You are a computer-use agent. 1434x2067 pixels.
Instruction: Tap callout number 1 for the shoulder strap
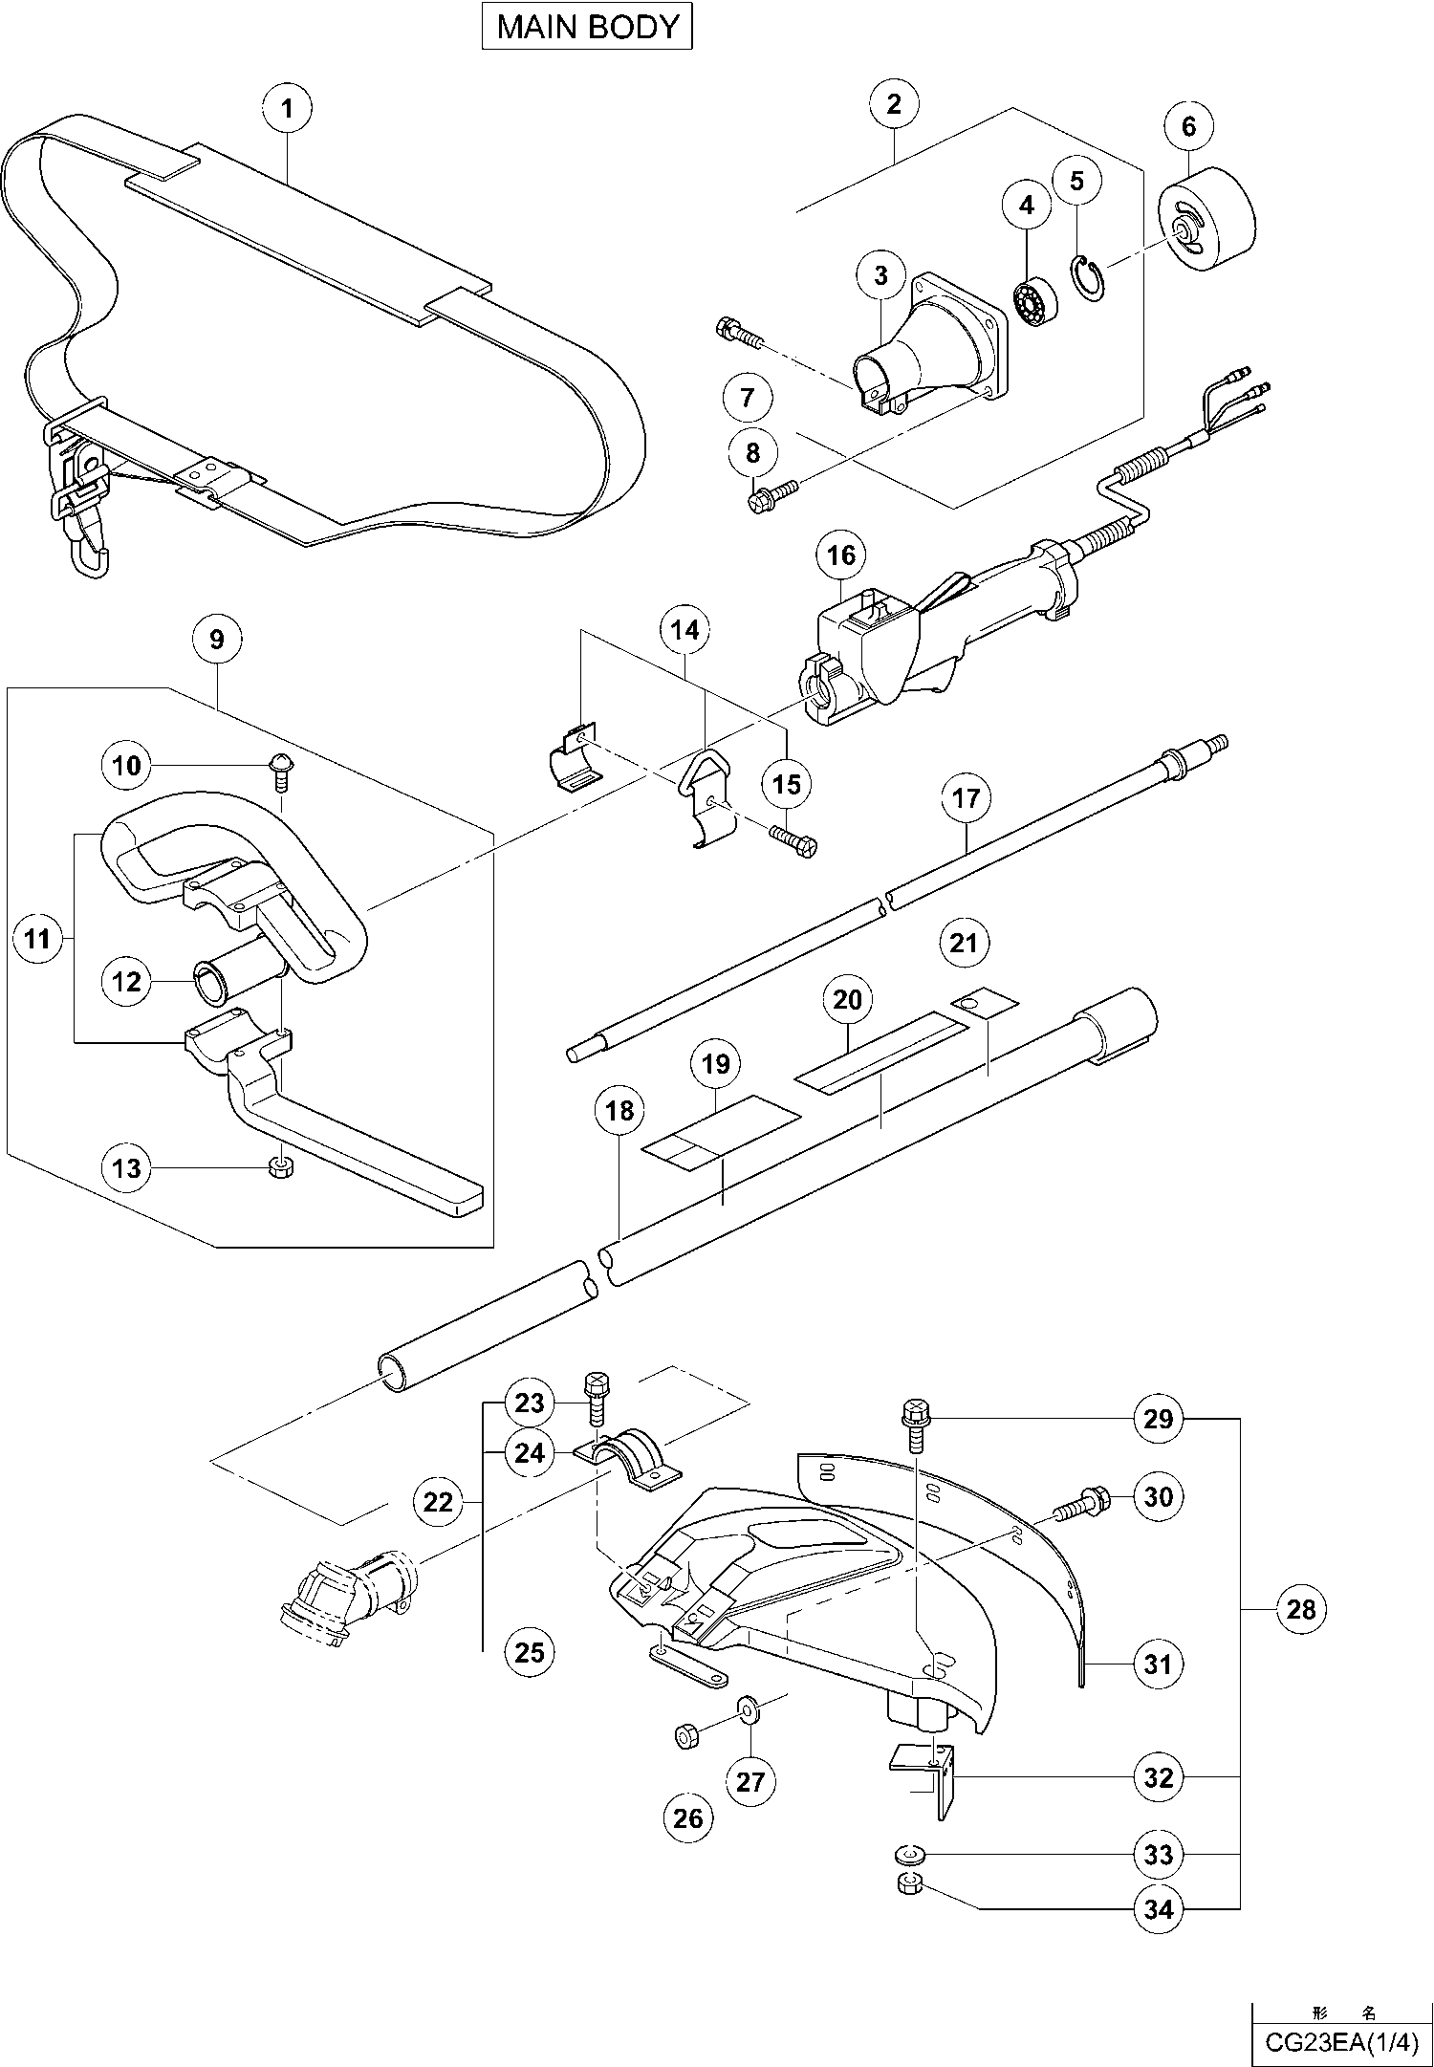287,108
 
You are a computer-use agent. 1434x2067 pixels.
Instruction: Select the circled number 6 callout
1188,126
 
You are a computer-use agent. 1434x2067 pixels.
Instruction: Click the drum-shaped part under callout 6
1206,223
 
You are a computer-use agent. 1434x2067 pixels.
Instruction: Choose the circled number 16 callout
841,555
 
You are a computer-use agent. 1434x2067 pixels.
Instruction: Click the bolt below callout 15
793,840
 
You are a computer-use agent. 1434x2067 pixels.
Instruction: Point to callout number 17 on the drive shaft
966,797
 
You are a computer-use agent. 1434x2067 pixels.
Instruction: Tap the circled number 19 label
715,1064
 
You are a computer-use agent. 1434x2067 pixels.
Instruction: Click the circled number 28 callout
1301,1610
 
